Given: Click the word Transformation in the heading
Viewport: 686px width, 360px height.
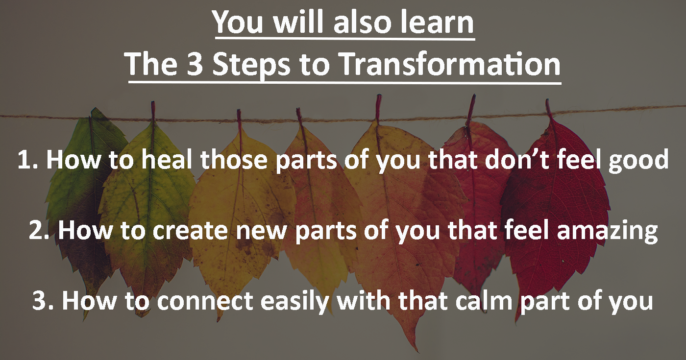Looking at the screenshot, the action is (x=450, y=64).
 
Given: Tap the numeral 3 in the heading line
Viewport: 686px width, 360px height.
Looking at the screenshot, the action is (x=195, y=64).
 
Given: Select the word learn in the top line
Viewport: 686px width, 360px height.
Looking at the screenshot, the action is (x=437, y=22).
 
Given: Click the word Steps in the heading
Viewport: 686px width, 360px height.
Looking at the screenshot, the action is (x=251, y=65).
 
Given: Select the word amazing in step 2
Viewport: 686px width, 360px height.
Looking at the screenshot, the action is (x=607, y=232).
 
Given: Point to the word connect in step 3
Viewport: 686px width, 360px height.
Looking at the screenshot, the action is (x=205, y=301).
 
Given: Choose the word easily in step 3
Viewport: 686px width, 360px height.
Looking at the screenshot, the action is (x=294, y=303).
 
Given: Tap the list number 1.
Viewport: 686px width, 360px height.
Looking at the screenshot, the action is (x=27, y=159).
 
